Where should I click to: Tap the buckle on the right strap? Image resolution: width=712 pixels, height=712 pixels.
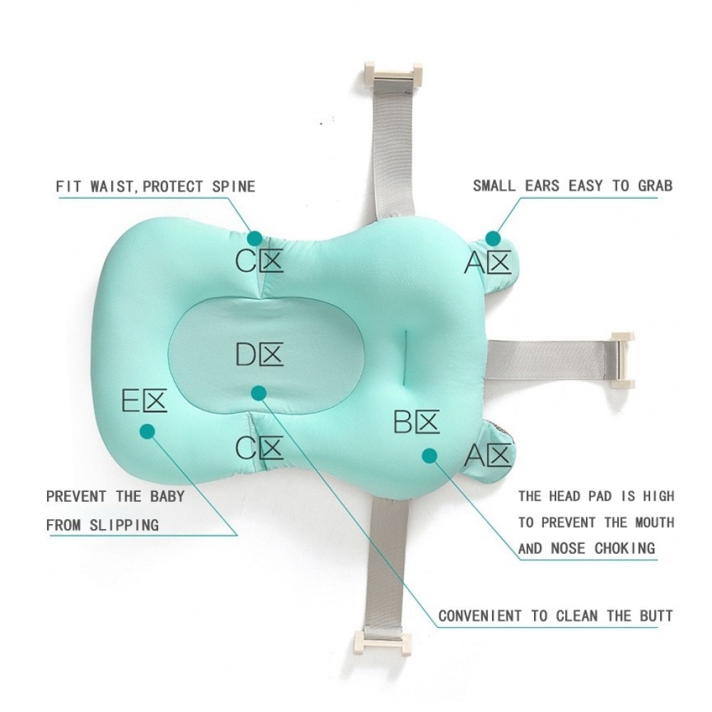(622, 360)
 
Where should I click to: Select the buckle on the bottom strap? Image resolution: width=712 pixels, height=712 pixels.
(383, 642)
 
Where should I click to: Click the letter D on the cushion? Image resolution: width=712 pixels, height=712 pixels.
(246, 354)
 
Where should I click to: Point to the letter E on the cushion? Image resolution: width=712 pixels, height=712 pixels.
(131, 400)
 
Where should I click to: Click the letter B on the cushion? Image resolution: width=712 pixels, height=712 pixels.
(403, 422)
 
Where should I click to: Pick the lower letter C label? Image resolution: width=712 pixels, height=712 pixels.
(246, 447)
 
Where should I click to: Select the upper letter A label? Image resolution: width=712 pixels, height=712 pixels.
(475, 263)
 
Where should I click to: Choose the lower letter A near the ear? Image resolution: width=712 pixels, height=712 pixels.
(475, 456)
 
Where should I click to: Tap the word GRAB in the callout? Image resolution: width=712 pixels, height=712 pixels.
(655, 186)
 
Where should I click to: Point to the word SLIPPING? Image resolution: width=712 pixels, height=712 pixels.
(124, 525)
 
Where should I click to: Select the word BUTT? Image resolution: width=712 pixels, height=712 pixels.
(656, 616)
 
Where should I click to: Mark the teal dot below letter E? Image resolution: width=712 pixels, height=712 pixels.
(147, 431)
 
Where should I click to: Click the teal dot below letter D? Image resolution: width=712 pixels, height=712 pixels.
(258, 393)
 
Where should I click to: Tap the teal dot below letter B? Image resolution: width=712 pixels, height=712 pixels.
(429, 456)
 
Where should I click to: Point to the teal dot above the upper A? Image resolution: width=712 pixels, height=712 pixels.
(493, 239)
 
